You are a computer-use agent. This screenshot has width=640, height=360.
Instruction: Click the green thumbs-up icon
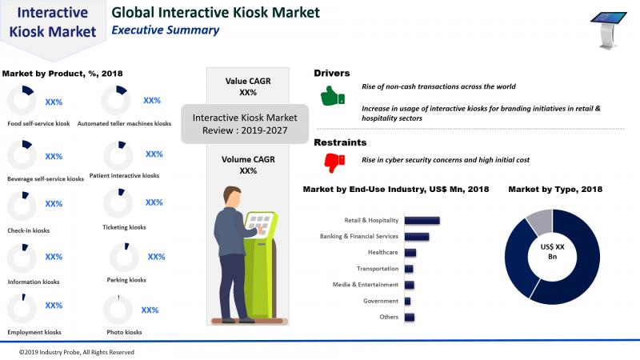pos(333,96)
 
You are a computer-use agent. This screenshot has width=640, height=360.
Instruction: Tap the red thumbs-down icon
pos(334,163)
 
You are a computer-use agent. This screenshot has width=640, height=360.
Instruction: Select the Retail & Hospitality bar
pos(422,221)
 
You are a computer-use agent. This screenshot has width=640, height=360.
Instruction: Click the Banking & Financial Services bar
pos(417,236)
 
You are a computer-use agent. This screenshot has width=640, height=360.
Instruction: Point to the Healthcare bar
pos(410,253)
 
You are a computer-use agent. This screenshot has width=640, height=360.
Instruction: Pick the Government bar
pos(407,302)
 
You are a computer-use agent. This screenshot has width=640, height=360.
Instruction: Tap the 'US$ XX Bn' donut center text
pos(552,252)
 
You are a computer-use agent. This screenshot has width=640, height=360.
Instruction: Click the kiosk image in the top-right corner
pos(608,30)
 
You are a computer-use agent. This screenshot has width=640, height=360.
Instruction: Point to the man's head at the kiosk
pos(232,197)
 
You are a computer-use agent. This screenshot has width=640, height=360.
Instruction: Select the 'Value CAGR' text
pos(248,82)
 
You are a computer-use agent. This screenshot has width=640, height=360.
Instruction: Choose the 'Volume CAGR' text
pos(248,159)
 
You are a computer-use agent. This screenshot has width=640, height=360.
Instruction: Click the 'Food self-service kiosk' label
pos(38,124)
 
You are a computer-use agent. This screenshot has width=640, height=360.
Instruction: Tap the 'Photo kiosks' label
pos(124,332)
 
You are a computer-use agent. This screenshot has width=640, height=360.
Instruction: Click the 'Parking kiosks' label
pos(126,280)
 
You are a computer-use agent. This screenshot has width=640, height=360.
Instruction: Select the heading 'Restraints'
pos(340,142)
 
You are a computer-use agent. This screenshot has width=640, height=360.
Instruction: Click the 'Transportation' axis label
pos(378,269)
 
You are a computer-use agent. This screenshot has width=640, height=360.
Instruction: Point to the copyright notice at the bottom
pos(77,352)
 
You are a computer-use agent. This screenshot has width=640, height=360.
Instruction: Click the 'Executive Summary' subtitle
pos(166,30)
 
